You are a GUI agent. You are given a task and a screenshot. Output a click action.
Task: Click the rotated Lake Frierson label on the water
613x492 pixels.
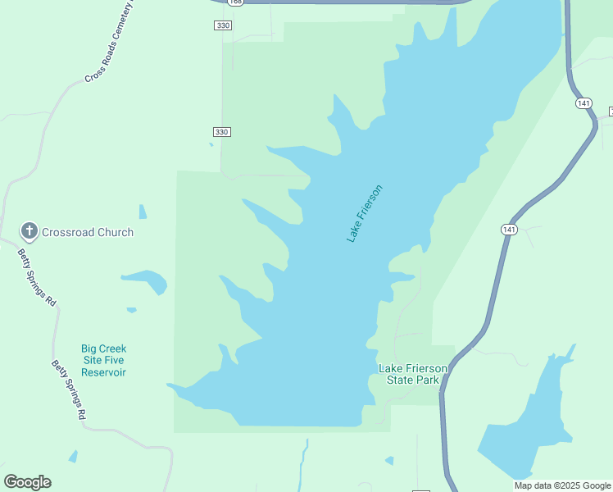[365, 213]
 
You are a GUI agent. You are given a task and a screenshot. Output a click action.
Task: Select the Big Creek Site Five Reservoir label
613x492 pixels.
[103, 360]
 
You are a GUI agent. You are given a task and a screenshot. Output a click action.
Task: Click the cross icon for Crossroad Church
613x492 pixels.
[30, 231]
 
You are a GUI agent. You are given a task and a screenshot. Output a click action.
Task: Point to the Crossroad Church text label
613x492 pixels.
[87, 232]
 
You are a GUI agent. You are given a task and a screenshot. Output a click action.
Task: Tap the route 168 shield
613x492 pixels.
[236, 2]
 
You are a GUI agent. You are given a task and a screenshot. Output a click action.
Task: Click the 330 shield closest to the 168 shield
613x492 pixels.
[223, 26]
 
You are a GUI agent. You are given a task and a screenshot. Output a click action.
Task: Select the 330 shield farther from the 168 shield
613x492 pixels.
[222, 132]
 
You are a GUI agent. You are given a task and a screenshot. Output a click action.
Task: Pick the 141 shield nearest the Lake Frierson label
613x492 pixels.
[509, 230]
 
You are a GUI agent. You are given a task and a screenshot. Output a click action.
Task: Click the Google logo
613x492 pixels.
[27, 482]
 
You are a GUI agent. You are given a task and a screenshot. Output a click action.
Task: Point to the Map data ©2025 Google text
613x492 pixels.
[563, 485]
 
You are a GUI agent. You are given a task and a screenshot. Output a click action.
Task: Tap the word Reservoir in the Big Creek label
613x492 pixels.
[103, 372]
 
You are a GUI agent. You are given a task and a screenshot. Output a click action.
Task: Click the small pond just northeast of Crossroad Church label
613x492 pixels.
[143, 212]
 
